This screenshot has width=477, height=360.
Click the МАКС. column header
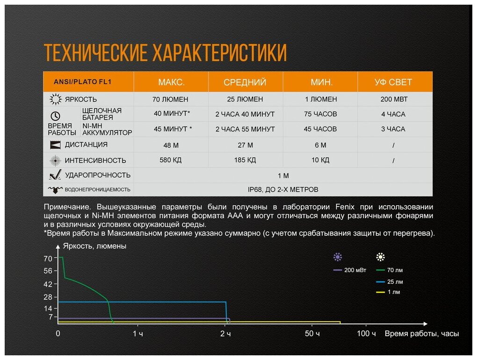[x=171, y=82]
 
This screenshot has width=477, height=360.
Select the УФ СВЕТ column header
[x=393, y=82]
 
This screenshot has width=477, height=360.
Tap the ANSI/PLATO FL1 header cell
[x=82, y=82]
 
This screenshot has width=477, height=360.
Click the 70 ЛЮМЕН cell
[x=170, y=99]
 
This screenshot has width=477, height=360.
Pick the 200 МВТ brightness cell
[x=394, y=99]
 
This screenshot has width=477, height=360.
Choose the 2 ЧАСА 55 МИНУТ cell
[x=245, y=129]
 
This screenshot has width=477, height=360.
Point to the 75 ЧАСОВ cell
[x=320, y=114]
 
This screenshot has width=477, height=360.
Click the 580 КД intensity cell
[x=170, y=160]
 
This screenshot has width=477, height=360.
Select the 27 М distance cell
[x=245, y=145]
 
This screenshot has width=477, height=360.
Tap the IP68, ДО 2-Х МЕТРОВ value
[x=283, y=189]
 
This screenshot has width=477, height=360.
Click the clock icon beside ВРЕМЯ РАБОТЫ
[x=55, y=116]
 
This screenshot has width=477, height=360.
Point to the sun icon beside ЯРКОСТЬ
[x=56, y=99]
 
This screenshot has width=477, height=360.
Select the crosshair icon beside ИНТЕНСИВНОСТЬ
[x=55, y=160]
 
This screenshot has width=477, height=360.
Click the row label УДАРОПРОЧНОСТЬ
[x=98, y=175]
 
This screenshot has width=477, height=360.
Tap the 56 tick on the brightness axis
[x=48, y=271]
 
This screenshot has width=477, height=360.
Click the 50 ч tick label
[x=312, y=333]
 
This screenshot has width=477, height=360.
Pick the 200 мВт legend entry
[x=350, y=270]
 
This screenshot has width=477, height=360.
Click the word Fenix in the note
[x=345, y=207]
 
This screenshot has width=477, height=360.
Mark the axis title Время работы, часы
[x=422, y=333]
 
